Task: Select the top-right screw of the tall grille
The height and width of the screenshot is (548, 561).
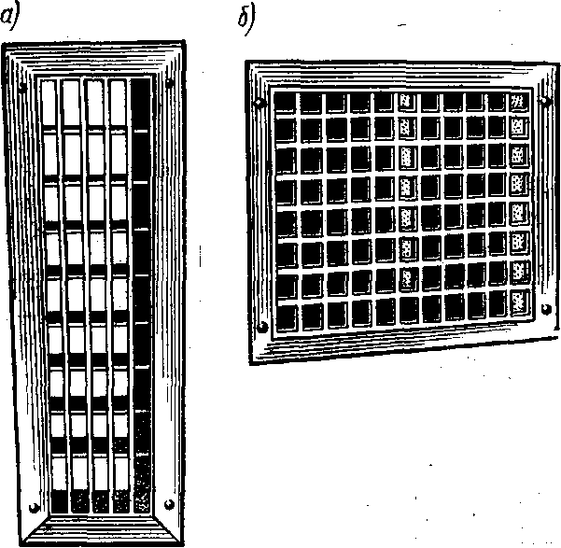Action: (x=169, y=85)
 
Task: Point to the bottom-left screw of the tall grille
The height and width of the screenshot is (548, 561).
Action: (x=34, y=507)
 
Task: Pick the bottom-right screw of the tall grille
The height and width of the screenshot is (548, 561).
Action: (x=169, y=501)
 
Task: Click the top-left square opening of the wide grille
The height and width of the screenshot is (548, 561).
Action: (x=288, y=101)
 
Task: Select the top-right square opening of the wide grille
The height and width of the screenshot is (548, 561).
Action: (x=520, y=100)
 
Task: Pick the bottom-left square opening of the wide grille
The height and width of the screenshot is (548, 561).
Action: (x=288, y=315)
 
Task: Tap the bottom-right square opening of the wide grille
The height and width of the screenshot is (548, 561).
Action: (x=520, y=301)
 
